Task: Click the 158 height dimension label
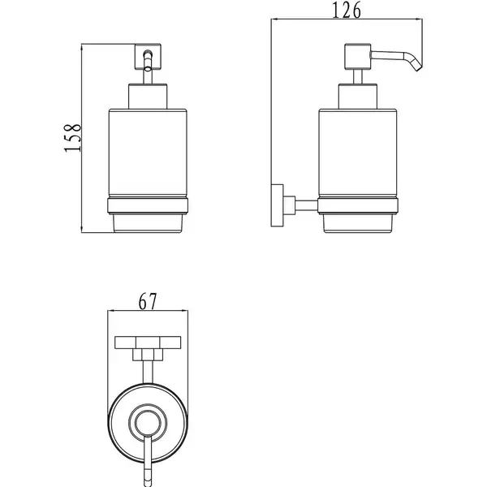(x=73, y=138)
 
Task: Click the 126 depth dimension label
(x=347, y=11)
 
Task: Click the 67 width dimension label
(x=148, y=301)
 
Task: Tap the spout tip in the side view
(x=418, y=68)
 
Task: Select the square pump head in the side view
(x=358, y=57)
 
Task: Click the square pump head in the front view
(x=148, y=57)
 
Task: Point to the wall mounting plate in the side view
(x=277, y=205)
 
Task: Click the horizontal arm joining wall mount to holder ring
(x=306, y=205)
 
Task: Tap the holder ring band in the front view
(x=148, y=205)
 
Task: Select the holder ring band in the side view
(x=358, y=205)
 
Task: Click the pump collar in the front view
(x=148, y=97)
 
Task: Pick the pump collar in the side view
(x=358, y=97)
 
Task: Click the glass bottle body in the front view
(x=148, y=153)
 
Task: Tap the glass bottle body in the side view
(x=358, y=153)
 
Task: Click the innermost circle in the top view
(x=148, y=422)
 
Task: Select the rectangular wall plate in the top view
(x=148, y=343)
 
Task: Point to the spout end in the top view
(x=148, y=482)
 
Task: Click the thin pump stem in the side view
(x=358, y=77)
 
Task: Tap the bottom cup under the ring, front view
(x=148, y=223)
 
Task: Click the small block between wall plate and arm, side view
(x=289, y=205)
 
